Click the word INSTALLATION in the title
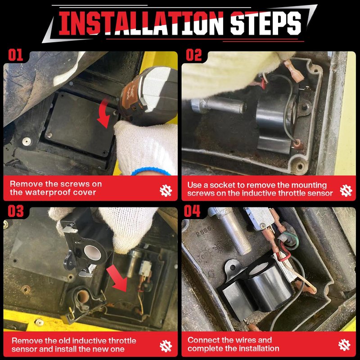tap(141, 23)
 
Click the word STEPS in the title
tap(265, 23)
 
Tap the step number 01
tap(16, 55)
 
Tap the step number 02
tap(194, 55)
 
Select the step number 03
tap(16, 211)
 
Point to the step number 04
tap(192, 211)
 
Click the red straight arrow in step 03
tap(117, 278)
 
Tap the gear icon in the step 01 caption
tap(166, 190)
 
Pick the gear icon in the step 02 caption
tap(346, 190)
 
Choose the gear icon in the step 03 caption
tap(166, 346)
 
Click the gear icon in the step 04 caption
tap(344, 345)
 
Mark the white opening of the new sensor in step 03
tap(93, 252)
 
